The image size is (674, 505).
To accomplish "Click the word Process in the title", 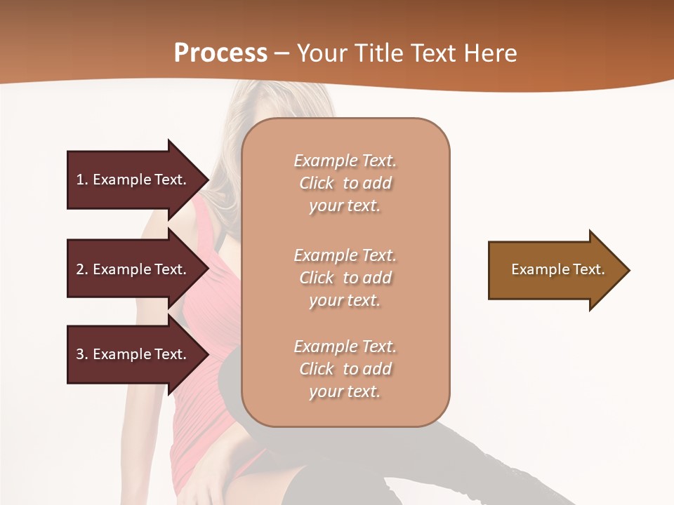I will [x=220, y=53].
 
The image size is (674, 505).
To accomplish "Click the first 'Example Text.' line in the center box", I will [x=345, y=161].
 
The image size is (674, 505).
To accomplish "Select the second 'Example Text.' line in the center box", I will [x=345, y=255].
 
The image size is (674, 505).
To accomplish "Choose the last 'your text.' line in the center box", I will [x=345, y=391].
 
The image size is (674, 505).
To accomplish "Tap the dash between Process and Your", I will [x=282, y=53].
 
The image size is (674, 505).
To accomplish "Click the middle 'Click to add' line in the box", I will [x=345, y=278].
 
